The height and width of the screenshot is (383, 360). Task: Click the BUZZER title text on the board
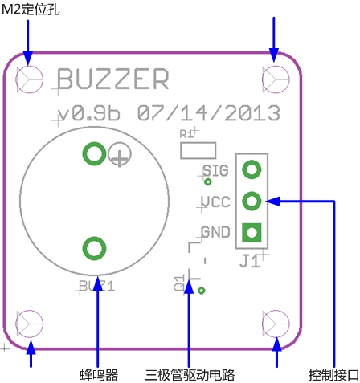pyautogui.click(x=112, y=79)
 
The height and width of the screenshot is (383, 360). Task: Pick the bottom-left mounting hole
pyautogui.click(x=30, y=322)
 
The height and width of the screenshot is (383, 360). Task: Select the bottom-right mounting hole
pyautogui.click(x=276, y=322)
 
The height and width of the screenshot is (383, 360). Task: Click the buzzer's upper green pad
pyautogui.click(x=94, y=153)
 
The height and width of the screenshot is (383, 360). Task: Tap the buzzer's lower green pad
pyautogui.click(x=94, y=248)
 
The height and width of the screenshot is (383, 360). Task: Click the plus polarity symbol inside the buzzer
pyautogui.click(x=120, y=157)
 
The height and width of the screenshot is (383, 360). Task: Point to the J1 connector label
pyautogui.click(x=250, y=260)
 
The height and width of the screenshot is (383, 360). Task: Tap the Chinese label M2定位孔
pyautogui.click(x=31, y=9)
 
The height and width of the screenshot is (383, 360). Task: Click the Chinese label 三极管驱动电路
pyautogui.click(x=190, y=374)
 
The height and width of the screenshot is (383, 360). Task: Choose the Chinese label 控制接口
pyautogui.click(x=333, y=374)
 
